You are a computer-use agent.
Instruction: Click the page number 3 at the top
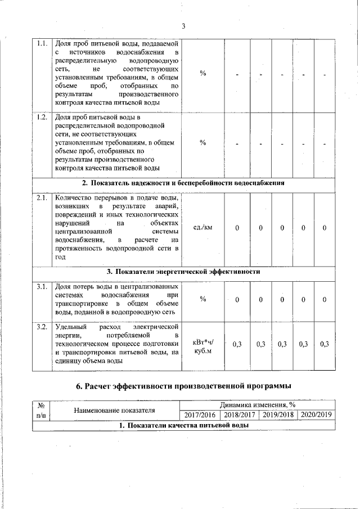[x=183, y=25]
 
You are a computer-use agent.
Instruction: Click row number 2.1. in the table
[x=42, y=198]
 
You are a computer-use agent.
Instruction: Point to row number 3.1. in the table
[x=42, y=287]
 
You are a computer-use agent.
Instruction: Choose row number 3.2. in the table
[x=42, y=327]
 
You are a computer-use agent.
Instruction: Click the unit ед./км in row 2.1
[x=202, y=227]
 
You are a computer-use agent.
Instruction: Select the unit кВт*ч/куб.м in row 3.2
[x=202, y=346]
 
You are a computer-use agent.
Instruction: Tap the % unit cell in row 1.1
[x=202, y=74]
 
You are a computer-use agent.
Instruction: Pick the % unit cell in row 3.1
[x=202, y=299]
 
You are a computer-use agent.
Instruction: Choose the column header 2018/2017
[x=238, y=415]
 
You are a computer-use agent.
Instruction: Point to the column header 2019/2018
[x=277, y=415]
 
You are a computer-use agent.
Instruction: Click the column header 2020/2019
[x=316, y=415]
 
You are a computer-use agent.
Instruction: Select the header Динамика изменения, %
[x=258, y=405]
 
